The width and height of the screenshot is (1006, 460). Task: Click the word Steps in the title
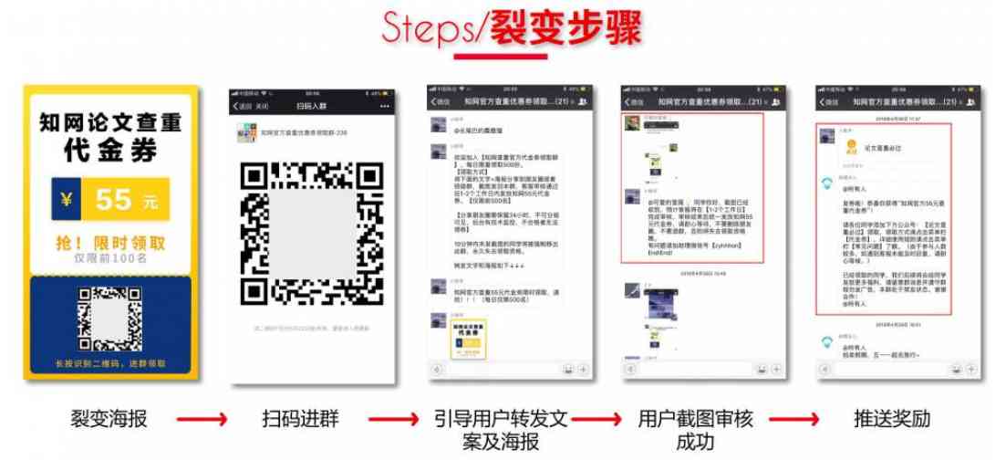pos(425,30)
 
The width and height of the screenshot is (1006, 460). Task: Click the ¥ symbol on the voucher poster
pos(67,199)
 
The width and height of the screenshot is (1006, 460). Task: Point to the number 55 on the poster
pos(115,198)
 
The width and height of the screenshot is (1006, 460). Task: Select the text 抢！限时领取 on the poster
pos(109,243)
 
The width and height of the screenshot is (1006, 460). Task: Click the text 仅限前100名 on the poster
pos(109,258)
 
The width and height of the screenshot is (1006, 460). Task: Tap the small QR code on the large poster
pos(109,320)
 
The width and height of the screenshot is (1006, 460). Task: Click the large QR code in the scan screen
pos(311,234)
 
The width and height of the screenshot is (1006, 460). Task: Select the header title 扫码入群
pos(312,106)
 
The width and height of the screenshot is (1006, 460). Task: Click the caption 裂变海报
pos(109,420)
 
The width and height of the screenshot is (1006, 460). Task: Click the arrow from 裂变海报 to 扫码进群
pos(202,420)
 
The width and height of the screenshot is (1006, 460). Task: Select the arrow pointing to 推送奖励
pos(793,420)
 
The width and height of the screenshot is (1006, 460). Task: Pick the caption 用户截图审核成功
pos(696,430)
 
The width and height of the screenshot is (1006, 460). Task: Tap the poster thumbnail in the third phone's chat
pos(457,338)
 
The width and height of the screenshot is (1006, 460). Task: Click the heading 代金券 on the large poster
pos(109,149)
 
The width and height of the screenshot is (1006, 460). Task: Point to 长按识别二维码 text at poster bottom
pos(109,363)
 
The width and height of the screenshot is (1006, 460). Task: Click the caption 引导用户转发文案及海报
pos(501,430)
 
